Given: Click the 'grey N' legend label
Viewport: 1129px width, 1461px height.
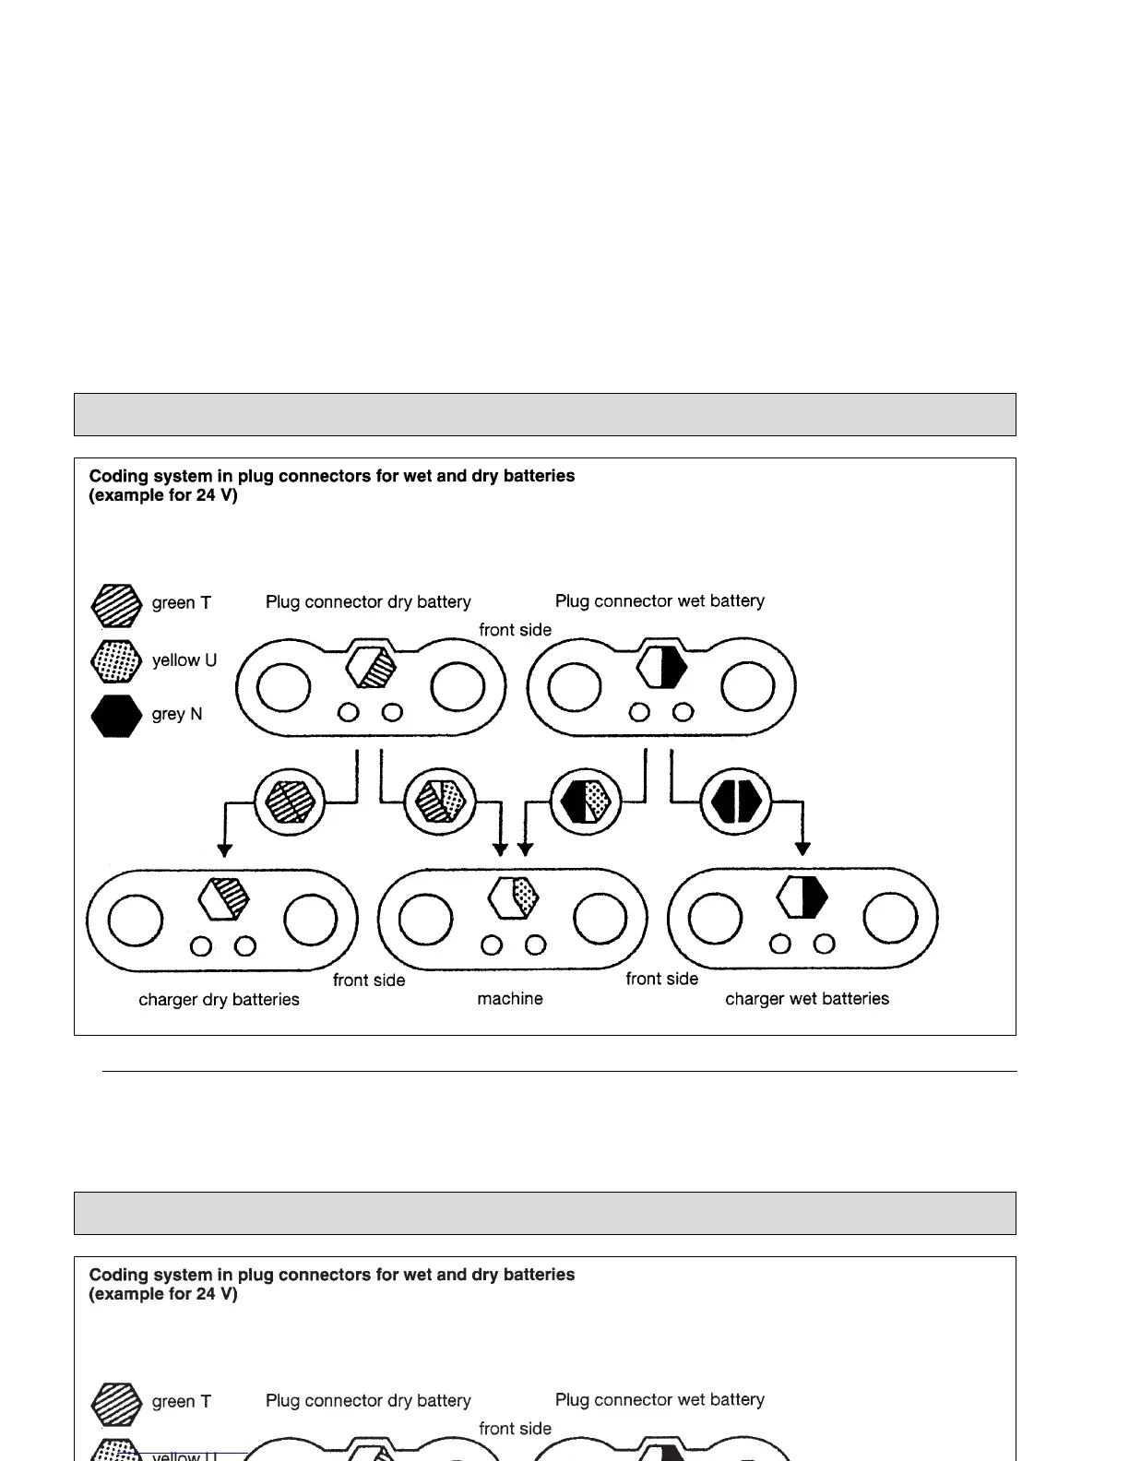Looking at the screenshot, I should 176,714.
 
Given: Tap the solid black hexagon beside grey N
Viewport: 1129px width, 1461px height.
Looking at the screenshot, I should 116,716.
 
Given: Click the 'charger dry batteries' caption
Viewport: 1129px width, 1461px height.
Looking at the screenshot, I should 219,999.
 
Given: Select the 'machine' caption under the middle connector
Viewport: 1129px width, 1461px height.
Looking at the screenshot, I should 510,998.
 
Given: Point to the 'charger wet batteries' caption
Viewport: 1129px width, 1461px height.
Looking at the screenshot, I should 807,998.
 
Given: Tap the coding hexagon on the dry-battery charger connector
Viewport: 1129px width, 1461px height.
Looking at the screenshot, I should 224,897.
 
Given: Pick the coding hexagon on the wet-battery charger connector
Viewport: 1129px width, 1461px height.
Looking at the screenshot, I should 802,897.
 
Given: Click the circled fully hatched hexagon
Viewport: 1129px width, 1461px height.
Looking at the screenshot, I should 291,801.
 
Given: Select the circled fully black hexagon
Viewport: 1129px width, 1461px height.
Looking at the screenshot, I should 736,801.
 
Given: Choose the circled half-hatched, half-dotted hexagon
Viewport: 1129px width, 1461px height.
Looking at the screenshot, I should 441,801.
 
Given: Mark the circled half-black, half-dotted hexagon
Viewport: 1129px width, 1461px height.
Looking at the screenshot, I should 586,801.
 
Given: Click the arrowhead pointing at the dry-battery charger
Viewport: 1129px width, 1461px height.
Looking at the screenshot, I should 224,850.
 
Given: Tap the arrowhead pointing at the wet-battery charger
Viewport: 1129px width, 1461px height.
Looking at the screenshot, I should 802,848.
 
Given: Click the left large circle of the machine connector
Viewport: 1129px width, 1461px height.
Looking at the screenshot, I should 425,920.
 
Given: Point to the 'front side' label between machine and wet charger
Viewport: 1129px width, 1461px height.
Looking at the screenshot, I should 661,979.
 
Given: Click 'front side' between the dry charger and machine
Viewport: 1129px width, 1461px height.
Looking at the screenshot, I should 369,980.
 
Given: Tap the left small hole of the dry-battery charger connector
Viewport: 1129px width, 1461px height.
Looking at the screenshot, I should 201,946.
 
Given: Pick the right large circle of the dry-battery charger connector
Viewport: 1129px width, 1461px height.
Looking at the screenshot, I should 311,920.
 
